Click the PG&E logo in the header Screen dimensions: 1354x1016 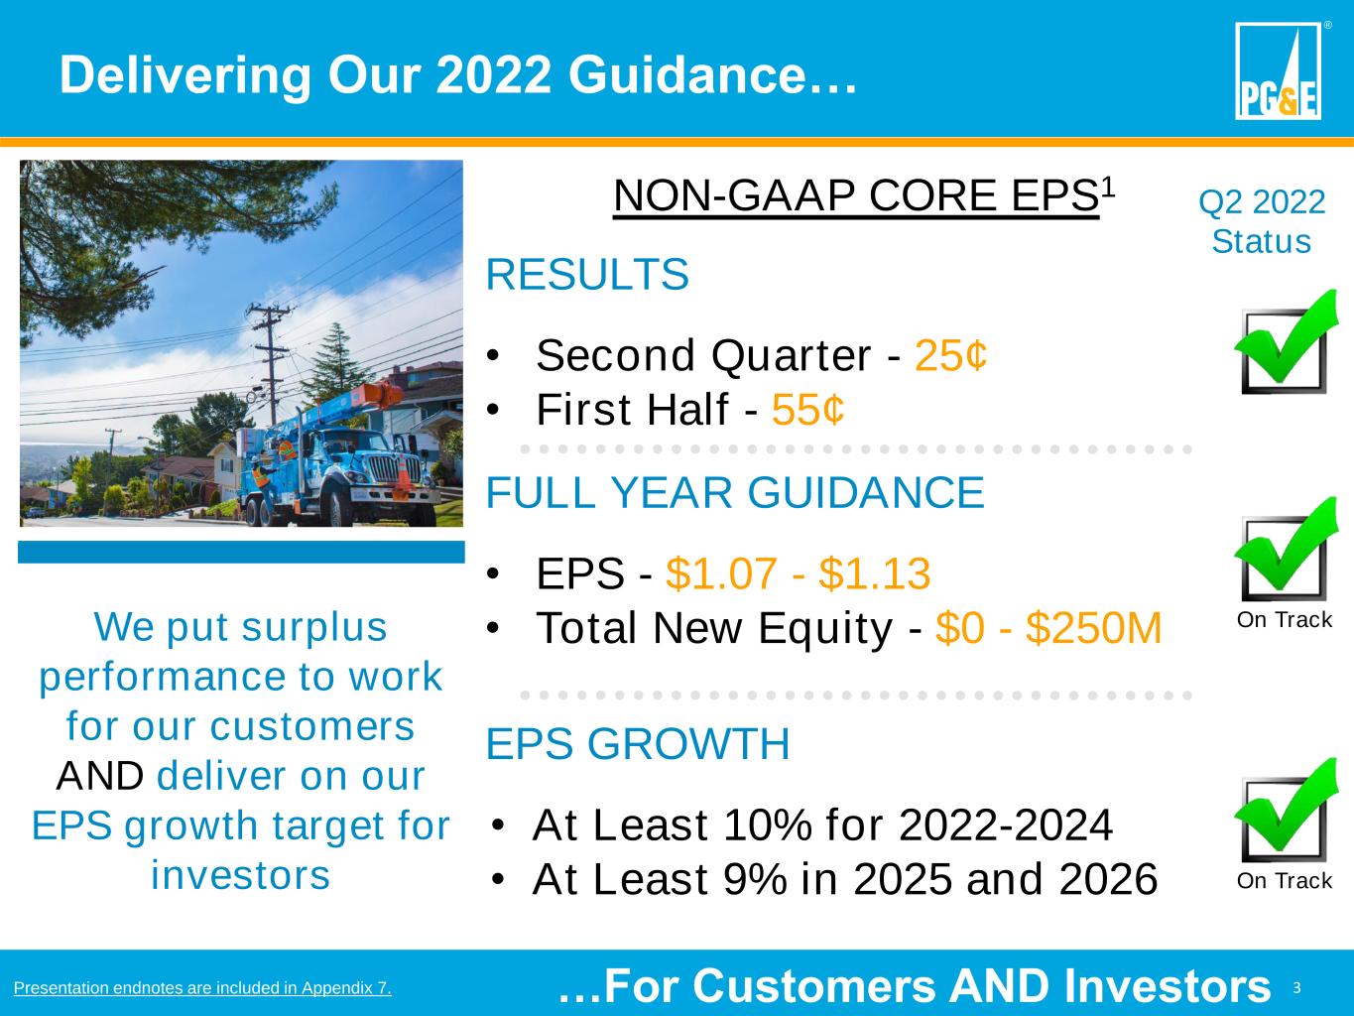(1279, 70)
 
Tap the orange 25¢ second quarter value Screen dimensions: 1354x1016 (950, 355)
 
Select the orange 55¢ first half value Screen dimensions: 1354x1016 (807, 409)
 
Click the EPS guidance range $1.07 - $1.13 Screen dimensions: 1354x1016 (798, 573)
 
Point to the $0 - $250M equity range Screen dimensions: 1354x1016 (1048, 628)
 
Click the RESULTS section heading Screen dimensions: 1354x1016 (587, 274)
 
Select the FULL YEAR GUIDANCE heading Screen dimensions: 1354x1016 (735, 492)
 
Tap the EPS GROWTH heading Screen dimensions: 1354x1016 (638, 743)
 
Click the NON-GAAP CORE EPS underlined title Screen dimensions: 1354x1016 (864, 196)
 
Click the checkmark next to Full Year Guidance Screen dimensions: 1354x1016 (1286, 548)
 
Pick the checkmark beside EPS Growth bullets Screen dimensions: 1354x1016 (1286, 810)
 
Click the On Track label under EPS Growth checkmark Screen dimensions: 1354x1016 (1285, 880)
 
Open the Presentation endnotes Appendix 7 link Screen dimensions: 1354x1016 (202, 987)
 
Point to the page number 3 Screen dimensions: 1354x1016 (1296, 987)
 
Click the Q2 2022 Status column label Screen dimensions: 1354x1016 (1262, 221)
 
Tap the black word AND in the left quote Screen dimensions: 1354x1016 (100, 776)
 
